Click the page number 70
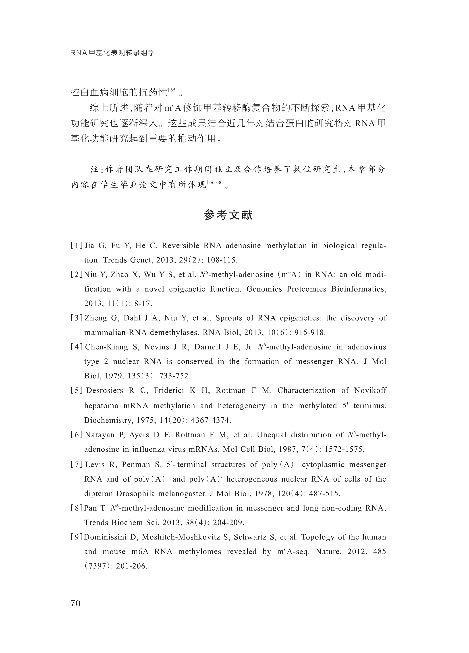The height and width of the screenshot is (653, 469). [75, 603]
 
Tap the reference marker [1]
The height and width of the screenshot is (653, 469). [77, 246]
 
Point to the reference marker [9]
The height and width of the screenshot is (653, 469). [77, 537]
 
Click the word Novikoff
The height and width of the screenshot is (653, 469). [370, 390]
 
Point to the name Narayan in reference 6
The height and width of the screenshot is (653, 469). [100, 435]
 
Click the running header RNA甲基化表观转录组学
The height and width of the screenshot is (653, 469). [113, 53]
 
